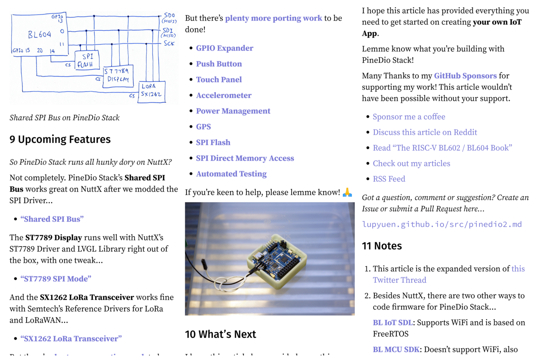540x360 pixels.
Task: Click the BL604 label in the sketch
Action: pyautogui.click(x=40, y=34)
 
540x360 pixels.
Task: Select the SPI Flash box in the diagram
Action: pyautogui.click(x=87, y=60)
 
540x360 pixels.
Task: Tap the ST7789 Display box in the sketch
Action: pyautogui.click(x=118, y=75)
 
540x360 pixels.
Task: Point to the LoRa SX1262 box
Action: pyautogui.click(x=152, y=91)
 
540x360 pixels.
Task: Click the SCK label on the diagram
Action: pyautogui.click(x=169, y=43)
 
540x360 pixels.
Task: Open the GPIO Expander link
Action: pyautogui.click(x=225, y=48)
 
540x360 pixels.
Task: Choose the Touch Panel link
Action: pyautogui.click(x=219, y=80)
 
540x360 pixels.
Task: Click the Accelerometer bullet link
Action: pyautogui.click(x=224, y=95)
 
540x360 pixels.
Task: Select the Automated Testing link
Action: pyautogui.click(x=231, y=174)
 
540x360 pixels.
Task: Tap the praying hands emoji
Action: pyautogui.click(x=347, y=192)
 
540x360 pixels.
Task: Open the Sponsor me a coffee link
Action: pyautogui.click(x=409, y=117)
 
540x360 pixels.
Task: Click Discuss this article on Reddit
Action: pyautogui.click(x=425, y=132)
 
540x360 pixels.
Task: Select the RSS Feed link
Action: pyautogui.click(x=389, y=179)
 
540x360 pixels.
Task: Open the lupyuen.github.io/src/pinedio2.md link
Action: pyautogui.click(x=442, y=224)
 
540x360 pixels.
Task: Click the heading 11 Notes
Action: pyautogui.click(x=382, y=246)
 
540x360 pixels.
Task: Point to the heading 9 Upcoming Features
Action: pyautogui.click(x=60, y=139)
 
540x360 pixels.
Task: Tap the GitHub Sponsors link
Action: pyautogui.click(x=465, y=76)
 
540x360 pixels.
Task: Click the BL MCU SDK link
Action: pyautogui.click(x=396, y=349)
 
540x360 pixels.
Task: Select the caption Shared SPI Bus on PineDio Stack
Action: pyautogui.click(x=64, y=118)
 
